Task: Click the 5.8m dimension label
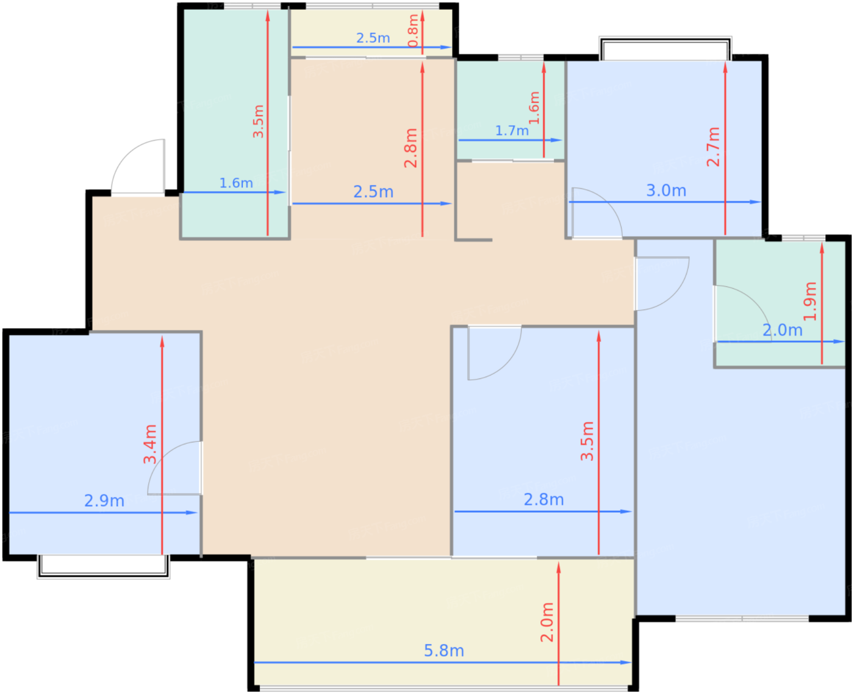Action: (444, 651)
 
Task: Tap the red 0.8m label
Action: (413, 31)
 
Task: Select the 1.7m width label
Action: (512, 131)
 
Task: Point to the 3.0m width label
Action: (666, 190)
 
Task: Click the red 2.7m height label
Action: (713, 147)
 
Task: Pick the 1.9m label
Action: (810, 301)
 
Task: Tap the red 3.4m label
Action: (150, 444)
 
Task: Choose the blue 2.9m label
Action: (104, 501)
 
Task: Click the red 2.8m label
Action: (411, 148)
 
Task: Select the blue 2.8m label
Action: (544, 500)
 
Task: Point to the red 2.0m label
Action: (547, 622)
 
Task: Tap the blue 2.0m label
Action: (782, 331)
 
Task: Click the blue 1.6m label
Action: (236, 183)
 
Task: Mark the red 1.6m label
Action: (534, 108)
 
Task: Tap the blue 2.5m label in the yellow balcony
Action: (373, 38)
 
